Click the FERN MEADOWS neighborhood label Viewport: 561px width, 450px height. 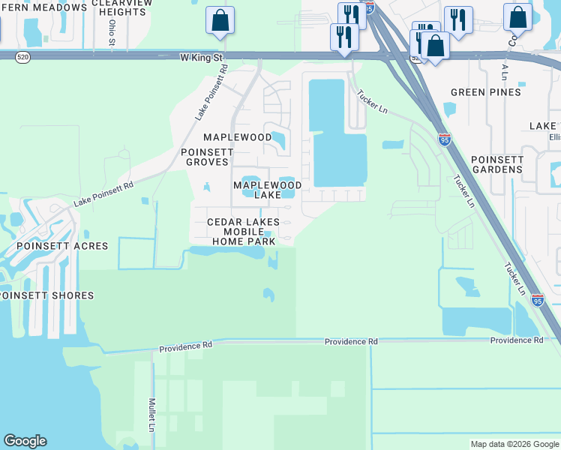[x=43, y=7]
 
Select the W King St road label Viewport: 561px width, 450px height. [x=202, y=57]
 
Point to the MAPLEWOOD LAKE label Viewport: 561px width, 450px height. [x=267, y=190]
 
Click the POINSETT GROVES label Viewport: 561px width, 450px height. [x=211, y=157]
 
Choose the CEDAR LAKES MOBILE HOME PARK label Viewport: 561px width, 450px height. [x=243, y=232]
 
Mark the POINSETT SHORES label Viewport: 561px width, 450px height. [x=47, y=295]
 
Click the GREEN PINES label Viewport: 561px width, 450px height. [x=485, y=92]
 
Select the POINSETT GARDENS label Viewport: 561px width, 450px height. [x=496, y=164]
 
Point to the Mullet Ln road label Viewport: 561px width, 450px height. [x=151, y=415]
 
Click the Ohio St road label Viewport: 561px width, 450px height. [x=112, y=31]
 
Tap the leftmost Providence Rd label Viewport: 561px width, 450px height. [x=186, y=346]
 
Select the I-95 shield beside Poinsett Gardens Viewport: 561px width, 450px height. [x=444, y=139]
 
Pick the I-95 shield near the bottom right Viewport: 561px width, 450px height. [x=538, y=300]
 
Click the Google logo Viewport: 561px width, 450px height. [x=25, y=441]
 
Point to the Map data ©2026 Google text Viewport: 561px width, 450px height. [x=514, y=444]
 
